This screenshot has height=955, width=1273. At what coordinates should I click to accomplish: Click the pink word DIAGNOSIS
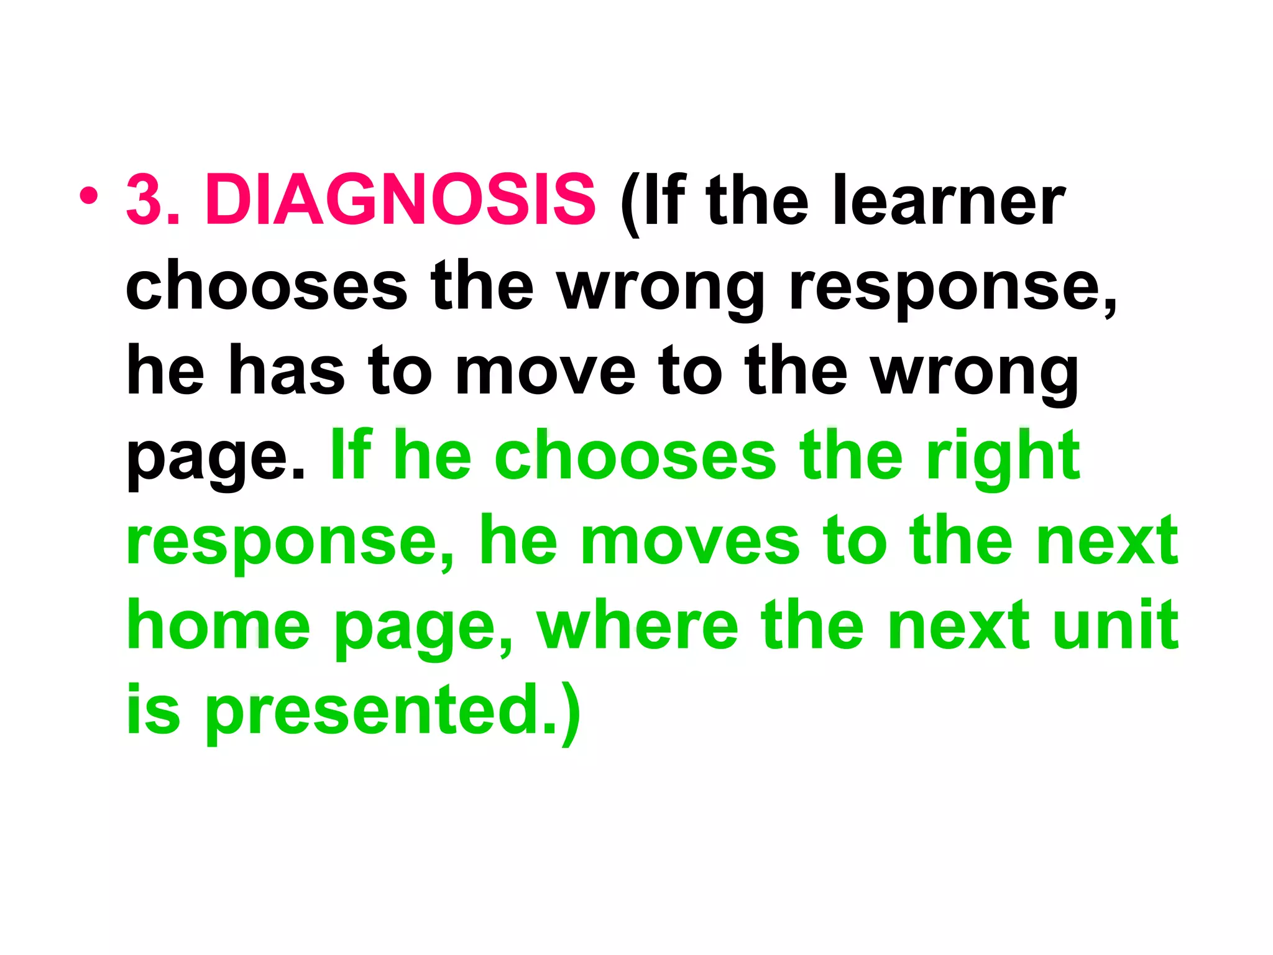(400, 200)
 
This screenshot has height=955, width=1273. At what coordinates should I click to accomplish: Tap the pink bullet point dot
(89, 196)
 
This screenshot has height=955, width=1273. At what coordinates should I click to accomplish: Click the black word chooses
(267, 285)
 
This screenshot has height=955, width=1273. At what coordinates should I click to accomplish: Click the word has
(287, 371)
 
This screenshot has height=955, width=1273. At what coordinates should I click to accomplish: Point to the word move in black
(546, 372)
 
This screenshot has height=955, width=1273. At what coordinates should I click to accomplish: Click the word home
(218, 625)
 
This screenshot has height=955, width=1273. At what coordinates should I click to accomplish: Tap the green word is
(153, 710)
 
